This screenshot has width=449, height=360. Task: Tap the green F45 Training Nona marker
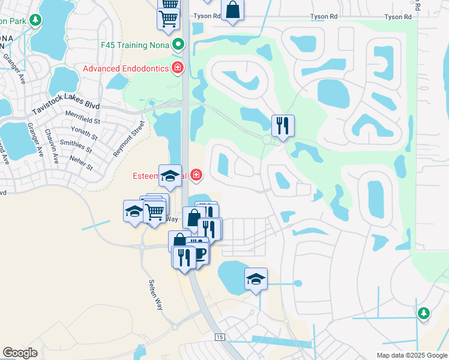178,45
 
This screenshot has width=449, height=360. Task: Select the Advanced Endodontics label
125,68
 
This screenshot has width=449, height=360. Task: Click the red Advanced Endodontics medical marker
177,68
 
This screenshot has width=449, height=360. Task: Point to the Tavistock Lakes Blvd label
65,109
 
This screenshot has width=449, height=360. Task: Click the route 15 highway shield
219,338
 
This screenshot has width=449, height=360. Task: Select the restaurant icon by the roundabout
283,126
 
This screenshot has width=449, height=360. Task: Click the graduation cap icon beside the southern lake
256,278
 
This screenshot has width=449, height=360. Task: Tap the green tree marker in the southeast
424,313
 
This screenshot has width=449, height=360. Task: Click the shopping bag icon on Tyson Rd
232,10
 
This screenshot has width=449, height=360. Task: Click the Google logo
20,353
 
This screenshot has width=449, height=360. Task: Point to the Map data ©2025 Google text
411,355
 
